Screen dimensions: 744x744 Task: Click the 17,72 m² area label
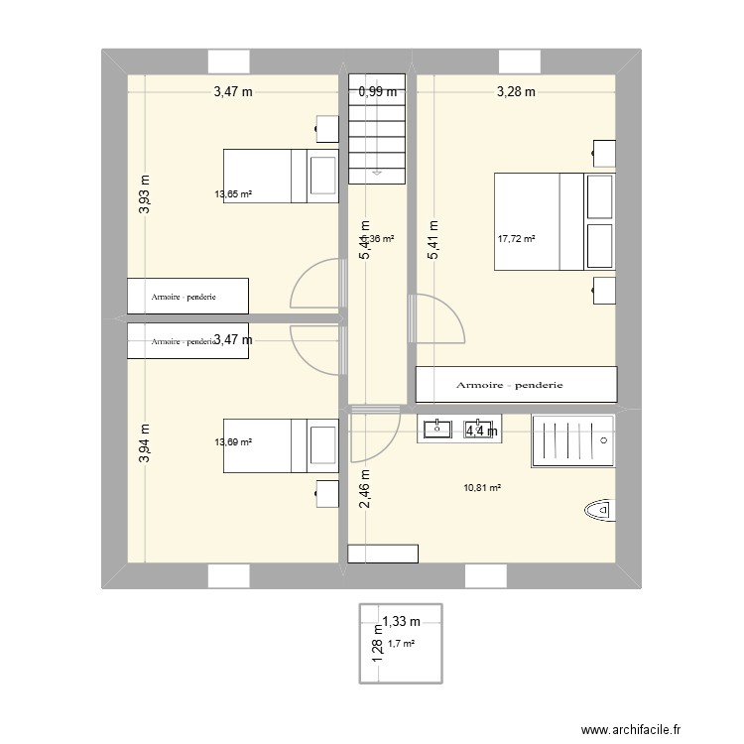[516, 239]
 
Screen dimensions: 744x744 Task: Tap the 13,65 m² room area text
[233, 194]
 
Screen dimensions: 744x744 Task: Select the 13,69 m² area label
[233, 442]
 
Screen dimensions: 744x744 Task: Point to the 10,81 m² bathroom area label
[482, 488]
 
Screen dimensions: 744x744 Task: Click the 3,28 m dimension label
[516, 92]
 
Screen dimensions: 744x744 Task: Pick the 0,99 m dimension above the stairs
[377, 91]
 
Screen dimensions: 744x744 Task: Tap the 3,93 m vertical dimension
[145, 194]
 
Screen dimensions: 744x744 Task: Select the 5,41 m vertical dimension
[433, 239]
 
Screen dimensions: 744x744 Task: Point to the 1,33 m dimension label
[402, 622]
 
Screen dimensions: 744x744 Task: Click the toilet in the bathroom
[600, 511]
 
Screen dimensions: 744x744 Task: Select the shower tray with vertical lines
[573, 439]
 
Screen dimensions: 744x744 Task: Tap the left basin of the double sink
[437, 429]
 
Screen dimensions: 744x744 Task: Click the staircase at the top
[377, 129]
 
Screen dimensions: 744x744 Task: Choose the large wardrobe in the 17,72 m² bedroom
[516, 383]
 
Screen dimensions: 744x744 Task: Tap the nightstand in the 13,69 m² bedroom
[323, 493]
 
